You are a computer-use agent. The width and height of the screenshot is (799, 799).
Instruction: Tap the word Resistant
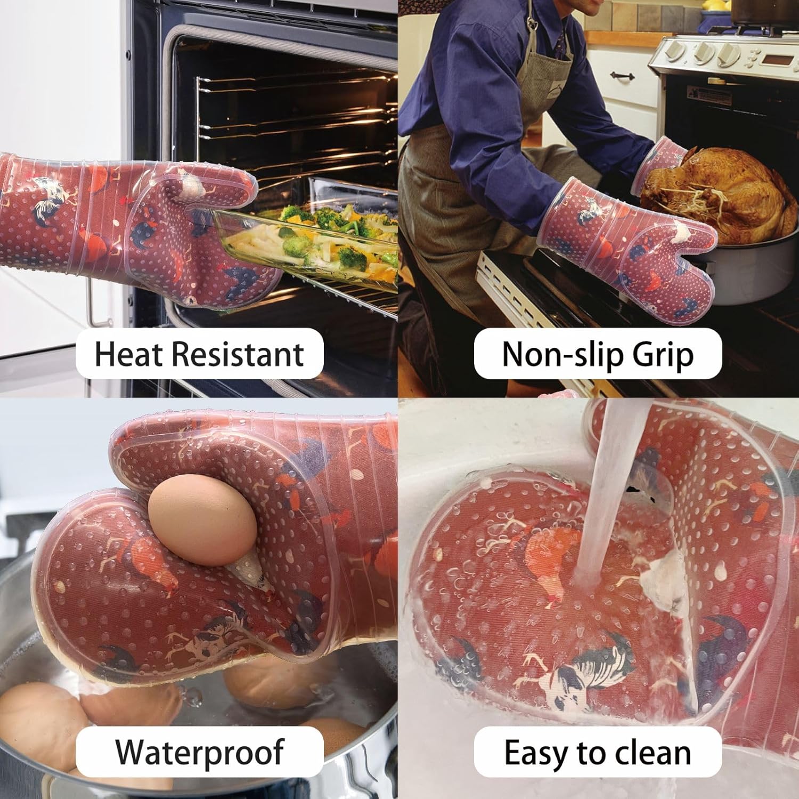(x=237, y=354)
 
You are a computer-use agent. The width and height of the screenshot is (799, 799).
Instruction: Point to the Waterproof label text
(x=200, y=752)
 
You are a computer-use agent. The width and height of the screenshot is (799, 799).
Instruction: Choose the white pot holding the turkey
(x=746, y=272)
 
